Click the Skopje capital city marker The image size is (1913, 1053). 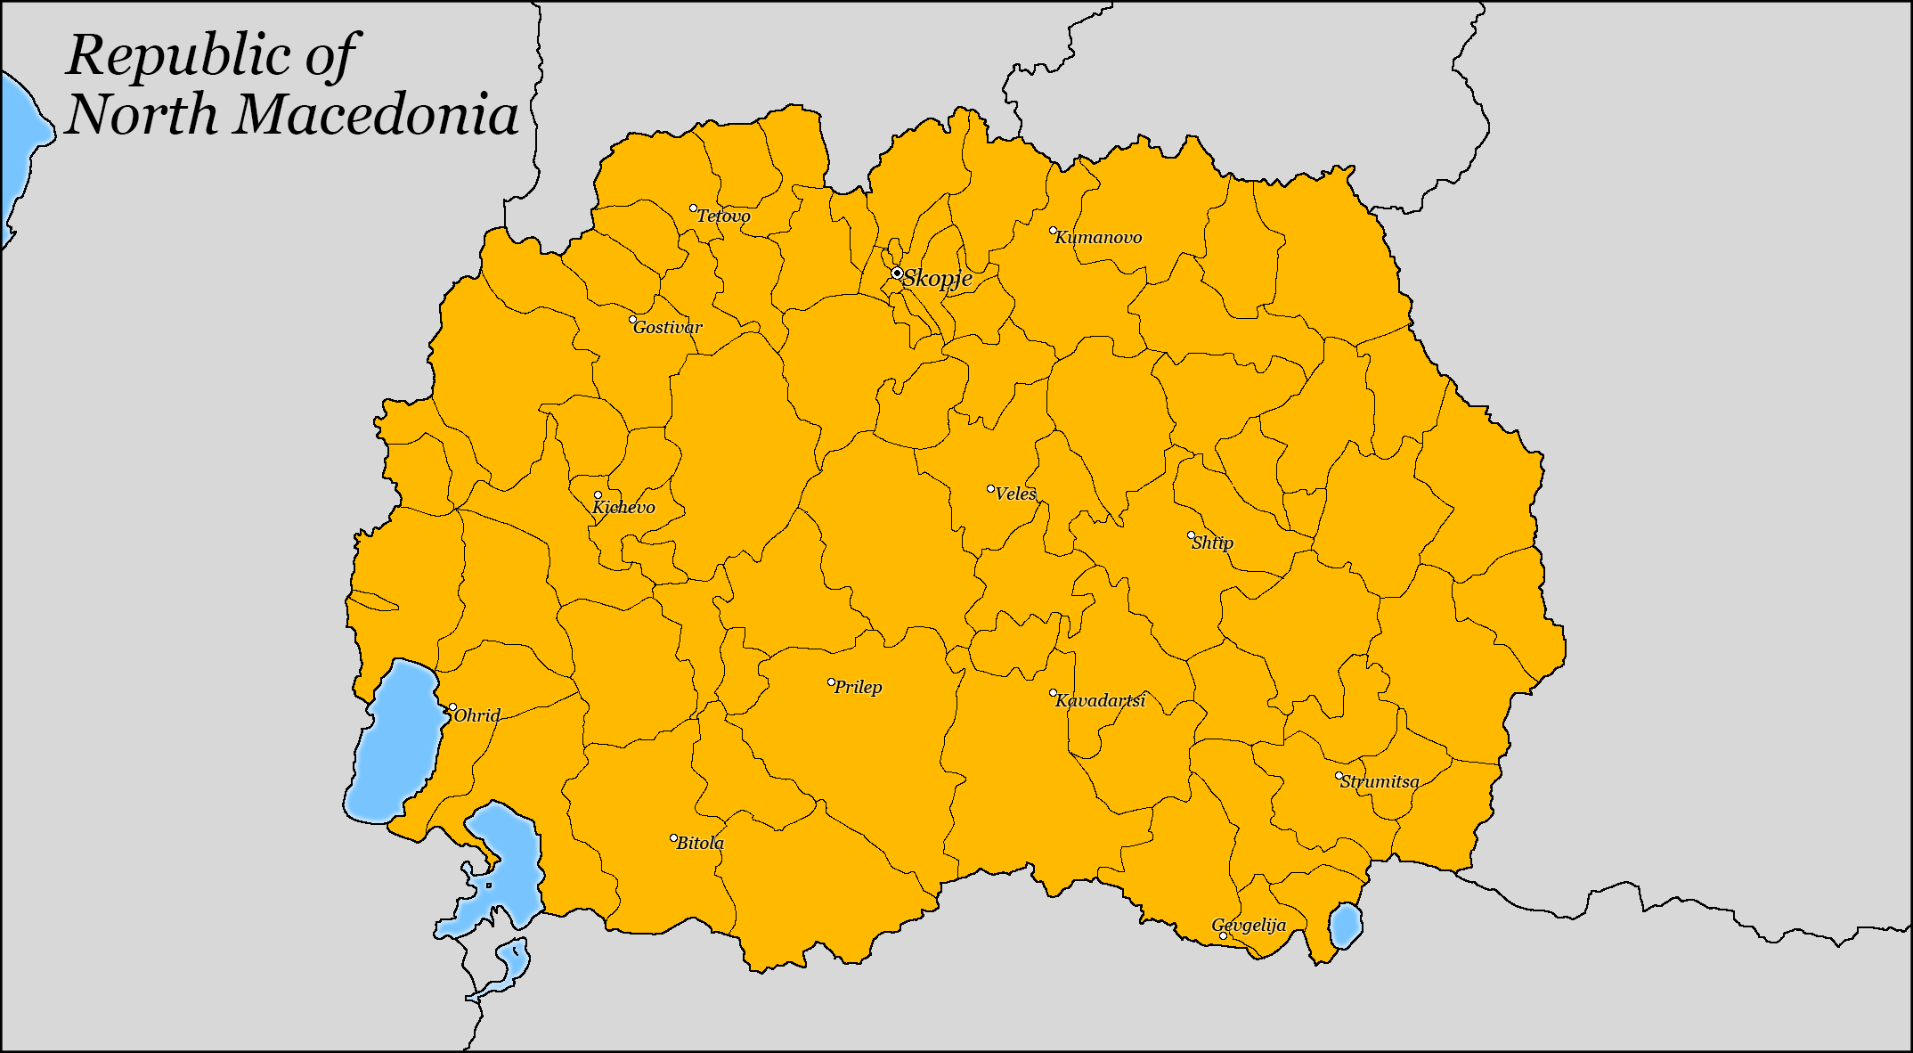point(897,273)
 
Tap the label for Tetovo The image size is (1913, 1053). point(723,216)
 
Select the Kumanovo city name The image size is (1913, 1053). point(1098,238)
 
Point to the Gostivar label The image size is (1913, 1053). point(668,328)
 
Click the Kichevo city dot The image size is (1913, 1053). point(598,495)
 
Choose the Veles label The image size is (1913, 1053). point(1016,494)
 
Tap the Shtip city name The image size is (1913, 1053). point(1213,543)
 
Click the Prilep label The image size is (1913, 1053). point(858,688)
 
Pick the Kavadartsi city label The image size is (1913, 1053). point(1101,701)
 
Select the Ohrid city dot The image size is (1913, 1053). point(452,707)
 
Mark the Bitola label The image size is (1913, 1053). point(700,844)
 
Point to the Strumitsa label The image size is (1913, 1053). point(1380,782)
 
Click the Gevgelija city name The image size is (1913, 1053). point(1249,926)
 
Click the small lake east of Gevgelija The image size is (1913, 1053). point(1345,926)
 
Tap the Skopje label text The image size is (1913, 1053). point(937,279)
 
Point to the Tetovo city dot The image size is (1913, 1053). point(694,208)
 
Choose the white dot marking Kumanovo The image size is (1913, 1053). point(1053,231)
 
